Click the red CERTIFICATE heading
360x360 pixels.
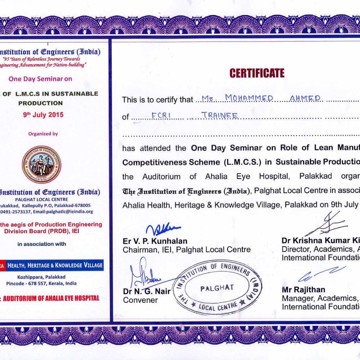[257, 73]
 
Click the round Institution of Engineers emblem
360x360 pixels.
[41, 165]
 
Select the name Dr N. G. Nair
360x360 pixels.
[147, 291]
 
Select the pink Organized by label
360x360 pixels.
[43, 134]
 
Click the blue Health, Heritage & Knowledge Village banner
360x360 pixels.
[54, 265]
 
